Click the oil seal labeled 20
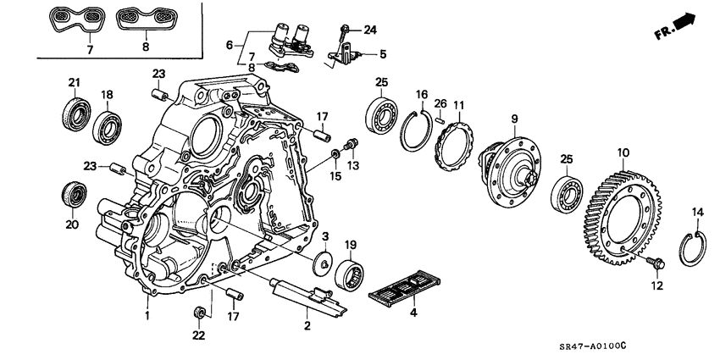click(74, 193)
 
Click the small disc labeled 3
click(321, 263)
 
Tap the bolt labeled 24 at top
click(345, 33)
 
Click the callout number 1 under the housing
click(147, 314)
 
